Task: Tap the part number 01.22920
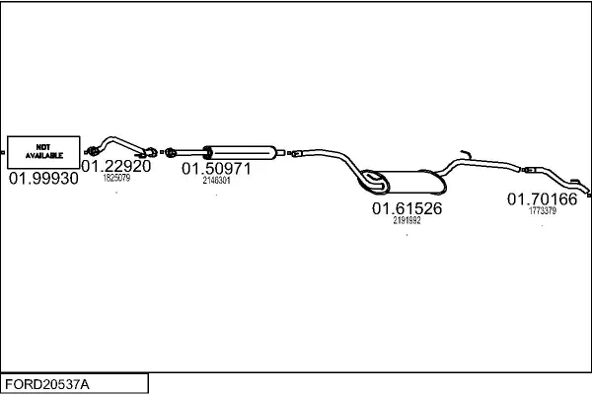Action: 116,167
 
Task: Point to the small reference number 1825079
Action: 116,179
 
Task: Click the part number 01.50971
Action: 216,169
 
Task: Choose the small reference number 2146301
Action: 216,181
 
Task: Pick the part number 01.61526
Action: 407,209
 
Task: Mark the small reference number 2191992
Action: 407,221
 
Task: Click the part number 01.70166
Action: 543,199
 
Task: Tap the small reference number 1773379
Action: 543,210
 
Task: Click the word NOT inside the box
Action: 43,145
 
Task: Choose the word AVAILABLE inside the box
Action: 43,156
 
